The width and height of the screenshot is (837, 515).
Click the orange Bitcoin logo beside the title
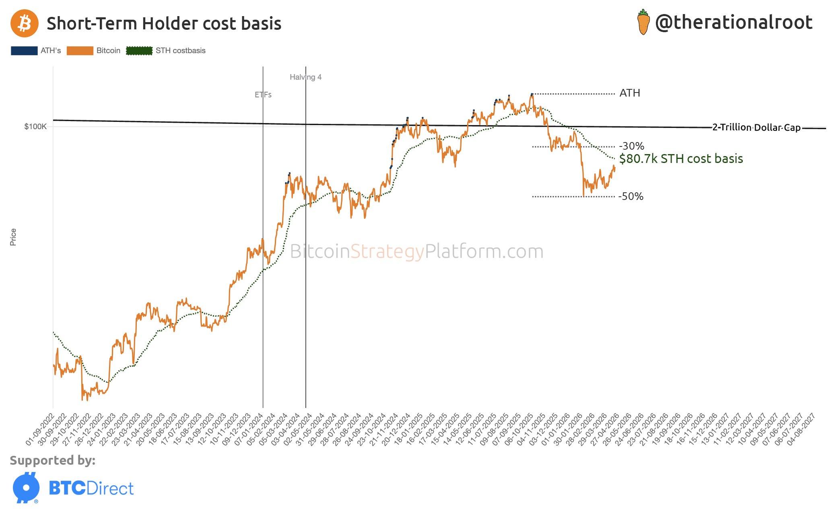tap(25, 23)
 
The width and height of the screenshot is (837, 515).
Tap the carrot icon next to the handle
tap(643, 23)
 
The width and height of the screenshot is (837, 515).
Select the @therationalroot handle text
tap(734, 23)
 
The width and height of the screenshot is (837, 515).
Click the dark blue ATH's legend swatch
tap(24, 51)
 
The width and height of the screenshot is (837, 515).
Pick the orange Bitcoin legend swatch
tap(80, 51)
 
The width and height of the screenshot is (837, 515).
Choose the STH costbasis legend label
tap(180, 51)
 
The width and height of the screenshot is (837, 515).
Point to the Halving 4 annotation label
tap(305, 77)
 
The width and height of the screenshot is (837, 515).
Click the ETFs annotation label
tap(263, 95)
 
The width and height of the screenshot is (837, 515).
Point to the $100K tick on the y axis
tap(35, 127)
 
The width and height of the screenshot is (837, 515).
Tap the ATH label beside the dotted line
tap(630, 93)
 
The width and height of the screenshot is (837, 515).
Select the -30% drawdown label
tap(631, 146)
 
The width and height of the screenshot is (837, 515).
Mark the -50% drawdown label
tap(631, 197)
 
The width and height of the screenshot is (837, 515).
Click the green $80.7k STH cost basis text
tap(681, 159)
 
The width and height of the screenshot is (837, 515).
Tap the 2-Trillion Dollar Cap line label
tap(756, 128)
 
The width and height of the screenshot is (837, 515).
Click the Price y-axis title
tap(13, 237)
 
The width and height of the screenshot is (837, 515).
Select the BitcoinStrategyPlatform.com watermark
tap(416, 251)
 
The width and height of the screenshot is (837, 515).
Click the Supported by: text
tap(53, 460)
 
